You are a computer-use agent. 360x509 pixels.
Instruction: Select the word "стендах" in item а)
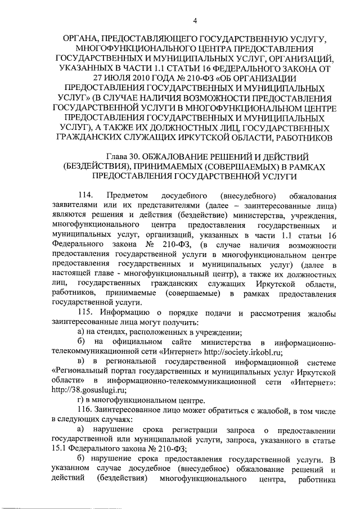point(110,332)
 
